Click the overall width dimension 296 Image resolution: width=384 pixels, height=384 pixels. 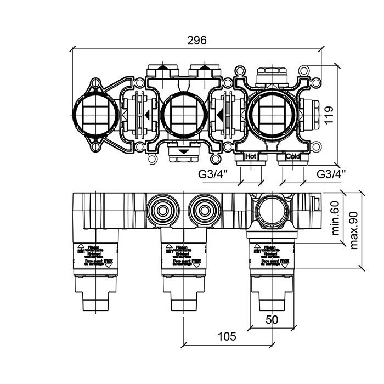click(196, 41)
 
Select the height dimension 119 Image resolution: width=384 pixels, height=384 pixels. click(345, 115)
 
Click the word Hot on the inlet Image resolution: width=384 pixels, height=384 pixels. click(251, 156)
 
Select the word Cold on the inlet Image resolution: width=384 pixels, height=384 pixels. click(293, 156)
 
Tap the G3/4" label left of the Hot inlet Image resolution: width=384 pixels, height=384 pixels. click(212, 174)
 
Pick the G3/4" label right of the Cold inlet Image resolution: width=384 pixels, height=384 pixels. click(331, 174)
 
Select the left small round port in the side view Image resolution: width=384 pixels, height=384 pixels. click(162, 210)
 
